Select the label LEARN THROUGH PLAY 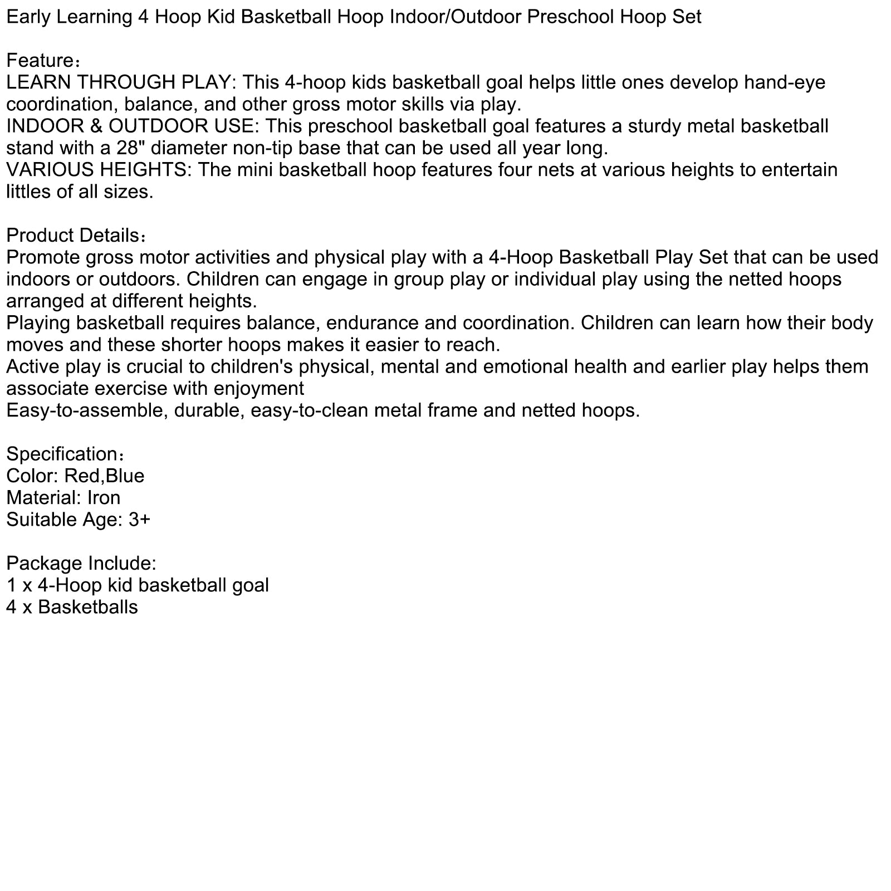[118, 82]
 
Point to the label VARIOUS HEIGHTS [98, 170]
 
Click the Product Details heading [72, 236]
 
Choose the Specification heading [61, 454]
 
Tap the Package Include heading [81, 564]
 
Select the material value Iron [104, 498]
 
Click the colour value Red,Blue [104, 476]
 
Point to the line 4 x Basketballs [72, 607]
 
